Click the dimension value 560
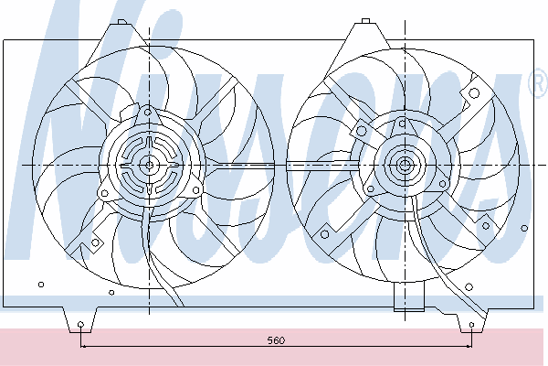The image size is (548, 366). tap(276, 339)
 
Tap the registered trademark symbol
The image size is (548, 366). tap(539, 83)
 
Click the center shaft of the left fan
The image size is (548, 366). tap(149, 166)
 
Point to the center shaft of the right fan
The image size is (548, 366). tap(405, 165)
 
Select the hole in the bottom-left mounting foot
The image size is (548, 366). tap(80, 324)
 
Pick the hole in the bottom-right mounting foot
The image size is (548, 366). tap(471, 325)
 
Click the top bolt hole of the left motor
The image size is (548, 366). tap(148, 112)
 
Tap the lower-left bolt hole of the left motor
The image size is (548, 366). tap(104, 193)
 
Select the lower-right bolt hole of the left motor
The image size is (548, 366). tap(195, 190)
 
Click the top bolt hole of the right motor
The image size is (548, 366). tap(402, 124)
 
